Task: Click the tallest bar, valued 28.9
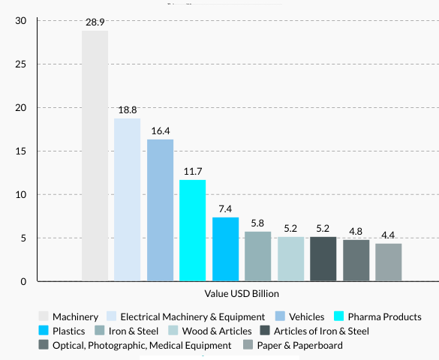tap(95, 156)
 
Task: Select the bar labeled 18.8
tap(127, 199)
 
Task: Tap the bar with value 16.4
tap(160, 210)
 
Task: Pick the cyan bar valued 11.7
tap(193, 230)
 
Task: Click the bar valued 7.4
tap(225, 249)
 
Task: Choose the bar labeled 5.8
tap(258, 256)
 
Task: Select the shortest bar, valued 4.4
tap(389, 262)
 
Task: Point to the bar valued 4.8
tap(356, 260)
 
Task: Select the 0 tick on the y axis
tap(24, 282)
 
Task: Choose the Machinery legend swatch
tap(44, 317)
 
